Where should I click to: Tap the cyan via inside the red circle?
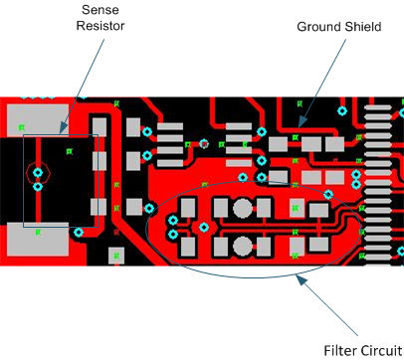pos(38,172)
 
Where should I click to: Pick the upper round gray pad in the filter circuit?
pos(242,208)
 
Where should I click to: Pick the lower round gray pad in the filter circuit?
pos(242,245)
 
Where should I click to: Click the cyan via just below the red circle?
pos(38,186)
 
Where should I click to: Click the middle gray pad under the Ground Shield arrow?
pos(313,145)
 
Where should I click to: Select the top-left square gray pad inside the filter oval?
pos(186,206)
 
